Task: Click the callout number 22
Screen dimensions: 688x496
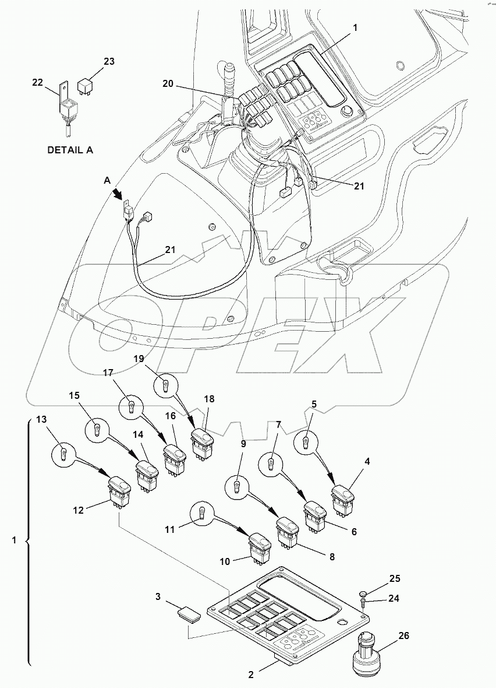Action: click(x=38, y=82)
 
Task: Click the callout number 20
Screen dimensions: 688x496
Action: click(x=167, y=85)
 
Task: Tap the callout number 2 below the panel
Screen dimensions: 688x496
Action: click(x=251, y=675)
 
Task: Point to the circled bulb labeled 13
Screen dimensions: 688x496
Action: click(x=65, y=451)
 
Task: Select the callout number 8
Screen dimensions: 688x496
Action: click(x=331, y=556)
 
